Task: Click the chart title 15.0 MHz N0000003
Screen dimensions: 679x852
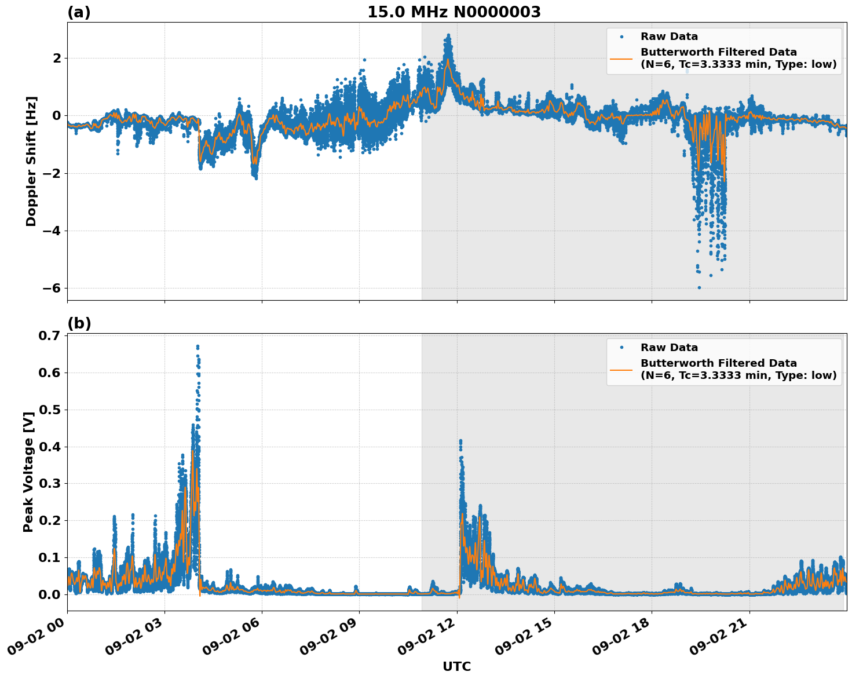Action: point(454,12)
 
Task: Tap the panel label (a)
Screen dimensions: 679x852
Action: point(79,12)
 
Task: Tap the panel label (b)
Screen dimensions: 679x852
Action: point(79,323)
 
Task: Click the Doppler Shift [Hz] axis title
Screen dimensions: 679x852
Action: point(31,161)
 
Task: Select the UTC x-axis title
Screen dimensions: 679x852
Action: point(456,666)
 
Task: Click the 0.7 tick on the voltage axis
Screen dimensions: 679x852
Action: point(50,336)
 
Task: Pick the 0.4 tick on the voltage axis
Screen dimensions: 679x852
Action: point(50,447)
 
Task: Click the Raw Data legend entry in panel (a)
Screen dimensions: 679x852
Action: point(669,36)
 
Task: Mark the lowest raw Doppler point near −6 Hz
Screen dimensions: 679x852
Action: point(699,287)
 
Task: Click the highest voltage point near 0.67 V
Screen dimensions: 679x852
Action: point(198,346)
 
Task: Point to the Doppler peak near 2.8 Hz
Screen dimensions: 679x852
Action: point(448,35)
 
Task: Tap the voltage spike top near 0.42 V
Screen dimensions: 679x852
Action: point(460,441)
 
